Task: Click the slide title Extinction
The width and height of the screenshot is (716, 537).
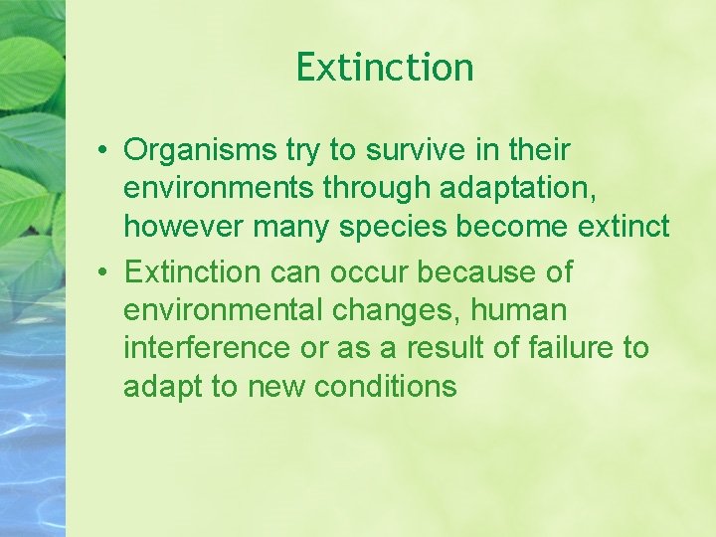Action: coord(385,68)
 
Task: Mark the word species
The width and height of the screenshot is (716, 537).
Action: coord(393,227)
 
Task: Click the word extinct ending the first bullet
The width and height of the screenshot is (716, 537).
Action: coord(624,227)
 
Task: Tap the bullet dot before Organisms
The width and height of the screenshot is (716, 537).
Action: coord(103,151)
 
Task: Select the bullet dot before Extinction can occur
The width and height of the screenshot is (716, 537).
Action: coord(103,272)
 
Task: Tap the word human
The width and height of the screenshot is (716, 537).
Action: coord(518,310)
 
